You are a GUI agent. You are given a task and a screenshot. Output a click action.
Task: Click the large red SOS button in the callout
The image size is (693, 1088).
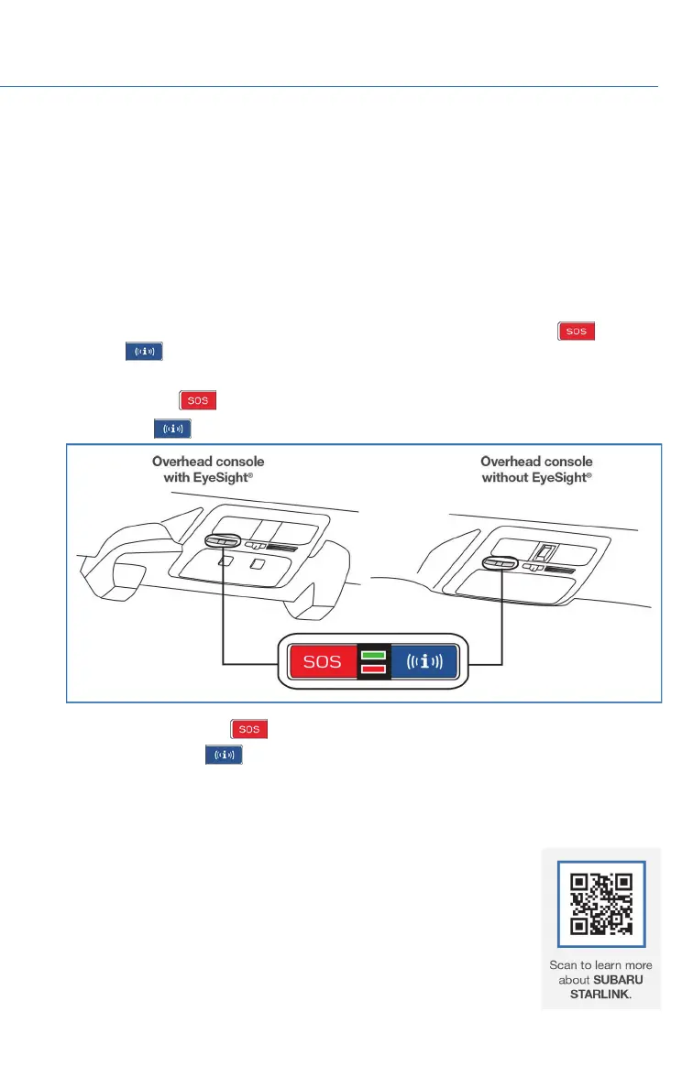(322, 661)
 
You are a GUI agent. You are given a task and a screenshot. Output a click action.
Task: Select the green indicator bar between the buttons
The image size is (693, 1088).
(374, 654)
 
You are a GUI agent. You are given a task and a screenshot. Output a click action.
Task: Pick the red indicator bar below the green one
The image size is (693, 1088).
(374, 669)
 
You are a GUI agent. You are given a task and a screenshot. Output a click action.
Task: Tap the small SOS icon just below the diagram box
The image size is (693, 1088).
(249, 729)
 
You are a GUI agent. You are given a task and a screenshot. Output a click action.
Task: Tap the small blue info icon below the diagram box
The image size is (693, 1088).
(223, 755)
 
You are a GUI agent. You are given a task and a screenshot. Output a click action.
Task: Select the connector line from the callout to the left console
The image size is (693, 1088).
(224, 623)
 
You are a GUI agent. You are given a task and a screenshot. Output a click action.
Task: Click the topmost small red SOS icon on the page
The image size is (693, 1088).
(576, 332)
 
